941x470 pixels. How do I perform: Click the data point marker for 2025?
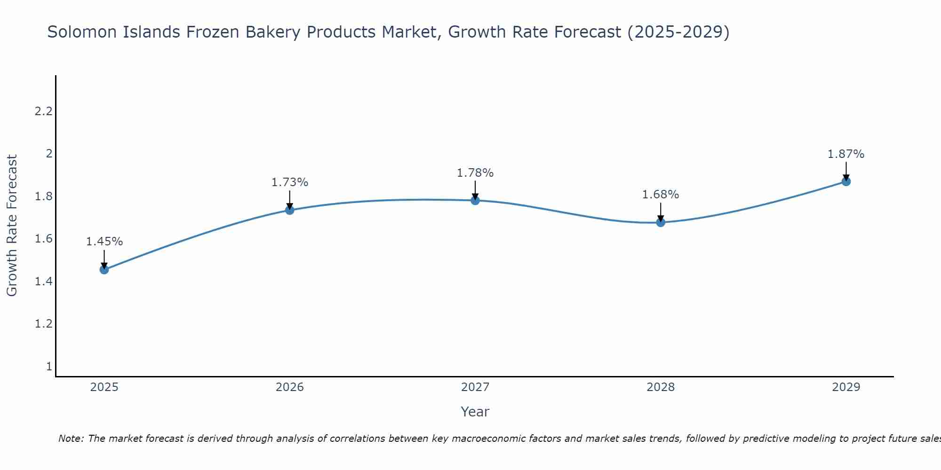(x=104, y=269)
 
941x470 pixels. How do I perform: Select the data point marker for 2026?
(x=290, y=210)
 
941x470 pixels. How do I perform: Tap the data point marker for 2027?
(x=475, y=201)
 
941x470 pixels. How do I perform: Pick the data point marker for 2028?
(x=661, y=222)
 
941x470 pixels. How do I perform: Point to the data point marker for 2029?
(x=846, y=181)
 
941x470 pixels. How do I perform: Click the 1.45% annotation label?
(x=104, y=242)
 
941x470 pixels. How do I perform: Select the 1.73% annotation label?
(x=290, y=182)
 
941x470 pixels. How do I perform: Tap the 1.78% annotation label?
(x=475, y=173)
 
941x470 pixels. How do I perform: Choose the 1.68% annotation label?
(x=661, y=195)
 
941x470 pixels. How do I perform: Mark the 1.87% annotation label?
(x=846, y=154)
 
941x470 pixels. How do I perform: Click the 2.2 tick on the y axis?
(x=43, y=111)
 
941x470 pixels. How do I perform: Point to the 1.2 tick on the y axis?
(x=43, y=324)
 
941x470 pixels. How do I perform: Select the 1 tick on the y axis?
(x=49, y=366)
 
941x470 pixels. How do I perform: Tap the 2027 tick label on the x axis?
(x=475, y=387)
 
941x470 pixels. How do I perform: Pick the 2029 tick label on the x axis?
(x=846, y=387)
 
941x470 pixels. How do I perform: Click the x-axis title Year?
(x=475, y=412)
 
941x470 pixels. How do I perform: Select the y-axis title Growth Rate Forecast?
(x=12, y=226)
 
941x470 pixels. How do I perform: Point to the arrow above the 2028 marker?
(x=661, y=211)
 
